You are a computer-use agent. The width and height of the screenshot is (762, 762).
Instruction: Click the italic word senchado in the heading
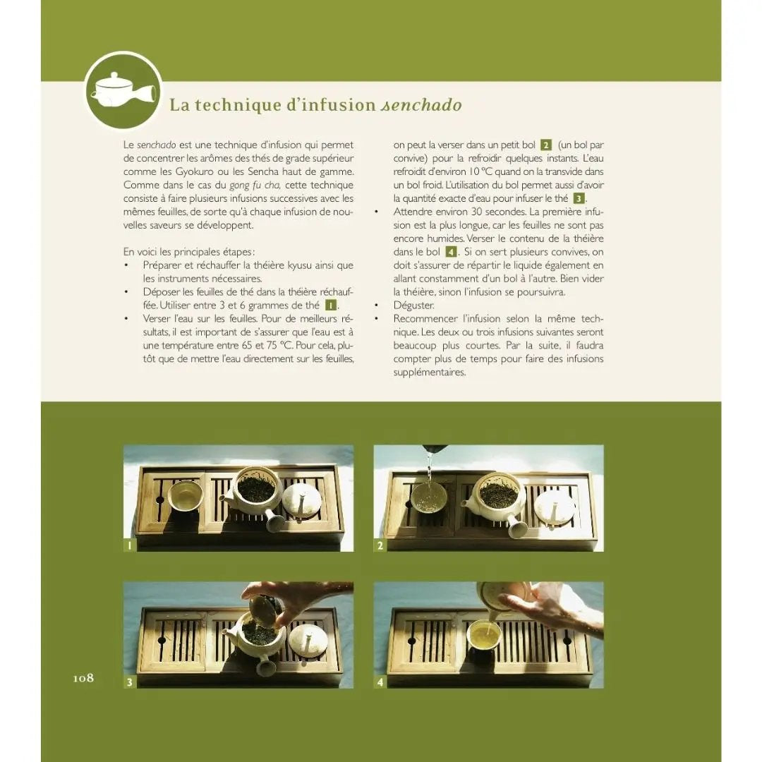tap(421, 105)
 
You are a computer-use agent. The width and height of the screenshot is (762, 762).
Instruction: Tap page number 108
tap(83, 678)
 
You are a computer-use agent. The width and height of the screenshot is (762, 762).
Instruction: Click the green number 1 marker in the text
tap(331, 306)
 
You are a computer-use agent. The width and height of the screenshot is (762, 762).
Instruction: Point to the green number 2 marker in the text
tap(546, 145)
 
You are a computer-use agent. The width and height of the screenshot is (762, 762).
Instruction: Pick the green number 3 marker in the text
tap(579, 198)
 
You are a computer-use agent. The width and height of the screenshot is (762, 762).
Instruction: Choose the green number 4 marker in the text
tap(452, 252)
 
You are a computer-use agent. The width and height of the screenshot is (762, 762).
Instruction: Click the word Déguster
tap(413, 306)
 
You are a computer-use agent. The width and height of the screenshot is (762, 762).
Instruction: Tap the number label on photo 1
tap(129, 545)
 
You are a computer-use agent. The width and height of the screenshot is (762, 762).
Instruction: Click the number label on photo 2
tap(380, 545)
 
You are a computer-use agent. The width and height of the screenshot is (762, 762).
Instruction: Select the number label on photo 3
tap(129, 682)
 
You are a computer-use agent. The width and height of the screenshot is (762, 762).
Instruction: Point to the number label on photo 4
tap(380, 682)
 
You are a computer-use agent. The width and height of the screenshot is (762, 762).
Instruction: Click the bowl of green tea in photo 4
tap(485, 636)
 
